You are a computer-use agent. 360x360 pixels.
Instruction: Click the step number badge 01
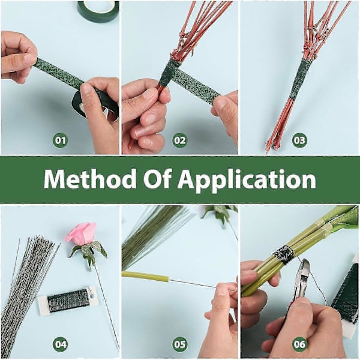pos(61,140)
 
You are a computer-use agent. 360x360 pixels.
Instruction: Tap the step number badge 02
pos(180,140)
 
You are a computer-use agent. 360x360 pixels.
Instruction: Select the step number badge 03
pos(299,140)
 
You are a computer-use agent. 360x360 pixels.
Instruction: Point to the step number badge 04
pos(61,344)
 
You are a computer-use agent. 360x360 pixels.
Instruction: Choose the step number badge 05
pos(180,344)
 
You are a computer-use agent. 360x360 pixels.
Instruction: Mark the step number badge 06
pos(299,344)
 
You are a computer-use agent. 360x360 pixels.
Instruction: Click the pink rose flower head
pos(80,233)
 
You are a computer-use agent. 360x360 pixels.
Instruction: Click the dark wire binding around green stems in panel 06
pos(284,254)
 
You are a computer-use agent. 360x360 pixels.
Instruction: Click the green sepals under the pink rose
pos(89,252)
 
